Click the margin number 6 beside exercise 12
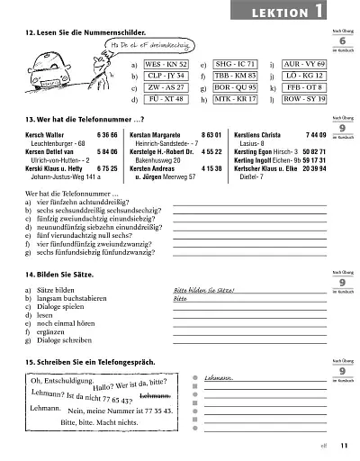tap(343, 42)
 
